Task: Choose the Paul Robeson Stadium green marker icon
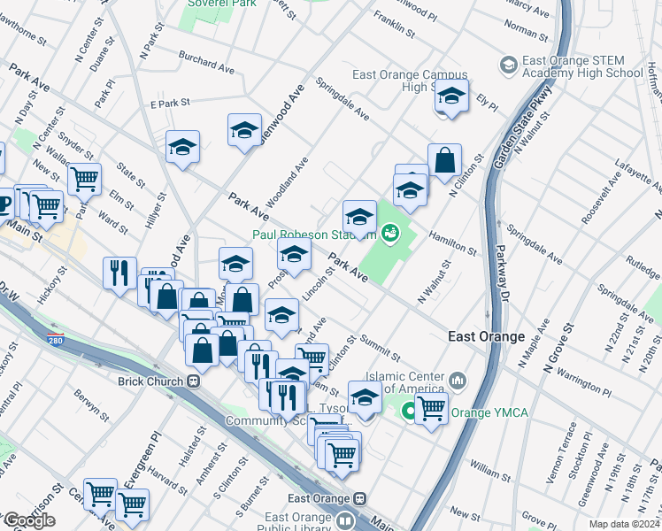(389, 234)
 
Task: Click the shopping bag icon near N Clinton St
(445, 161)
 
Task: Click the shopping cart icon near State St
(84, 178)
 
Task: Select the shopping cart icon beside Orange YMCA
(431, 409)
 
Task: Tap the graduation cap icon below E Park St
(182, 147)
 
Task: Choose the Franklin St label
(394, 24)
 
